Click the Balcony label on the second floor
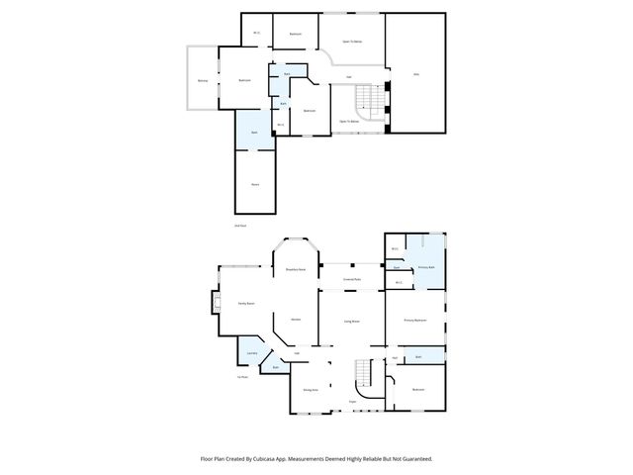[x=203, y=80]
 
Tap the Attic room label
[x=415, y=74]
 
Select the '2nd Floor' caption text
[x=240, y=226]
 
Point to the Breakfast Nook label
[x=295, y=269]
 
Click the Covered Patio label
[x=351, y=279]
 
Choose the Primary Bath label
[x=427, y=267]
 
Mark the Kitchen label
[x=296, y=319]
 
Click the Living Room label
[x=351, y=322]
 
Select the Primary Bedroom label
[x=415, y=321]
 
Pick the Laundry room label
[x=252, y=353]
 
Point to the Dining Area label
[x=310, y=390]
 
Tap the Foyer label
[x=352, y=402]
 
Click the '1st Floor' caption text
[x=242, y=377]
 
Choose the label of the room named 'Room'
[x=255, y=184]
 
